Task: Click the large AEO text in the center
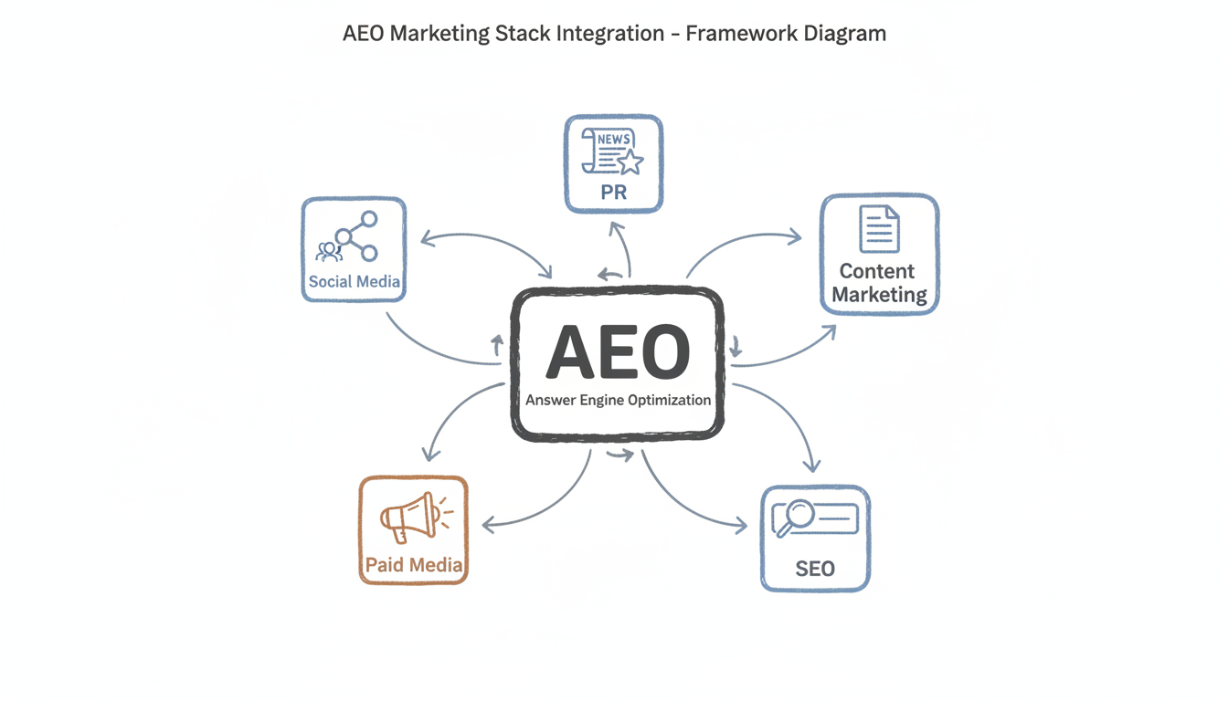click(618, 352)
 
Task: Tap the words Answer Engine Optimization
click(618, 400)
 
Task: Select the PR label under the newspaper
click(613, 194)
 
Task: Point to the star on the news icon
click(630, 162)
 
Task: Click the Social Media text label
click(354, 281)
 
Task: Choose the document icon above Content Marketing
click(879, 229)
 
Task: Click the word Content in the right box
click(877, 271)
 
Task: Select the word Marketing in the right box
click(879, 295)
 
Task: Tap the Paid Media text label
click(414, 565)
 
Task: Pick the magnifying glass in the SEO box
click(792, 515)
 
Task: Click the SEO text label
click(815, 569)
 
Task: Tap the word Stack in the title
click(525, 34)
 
